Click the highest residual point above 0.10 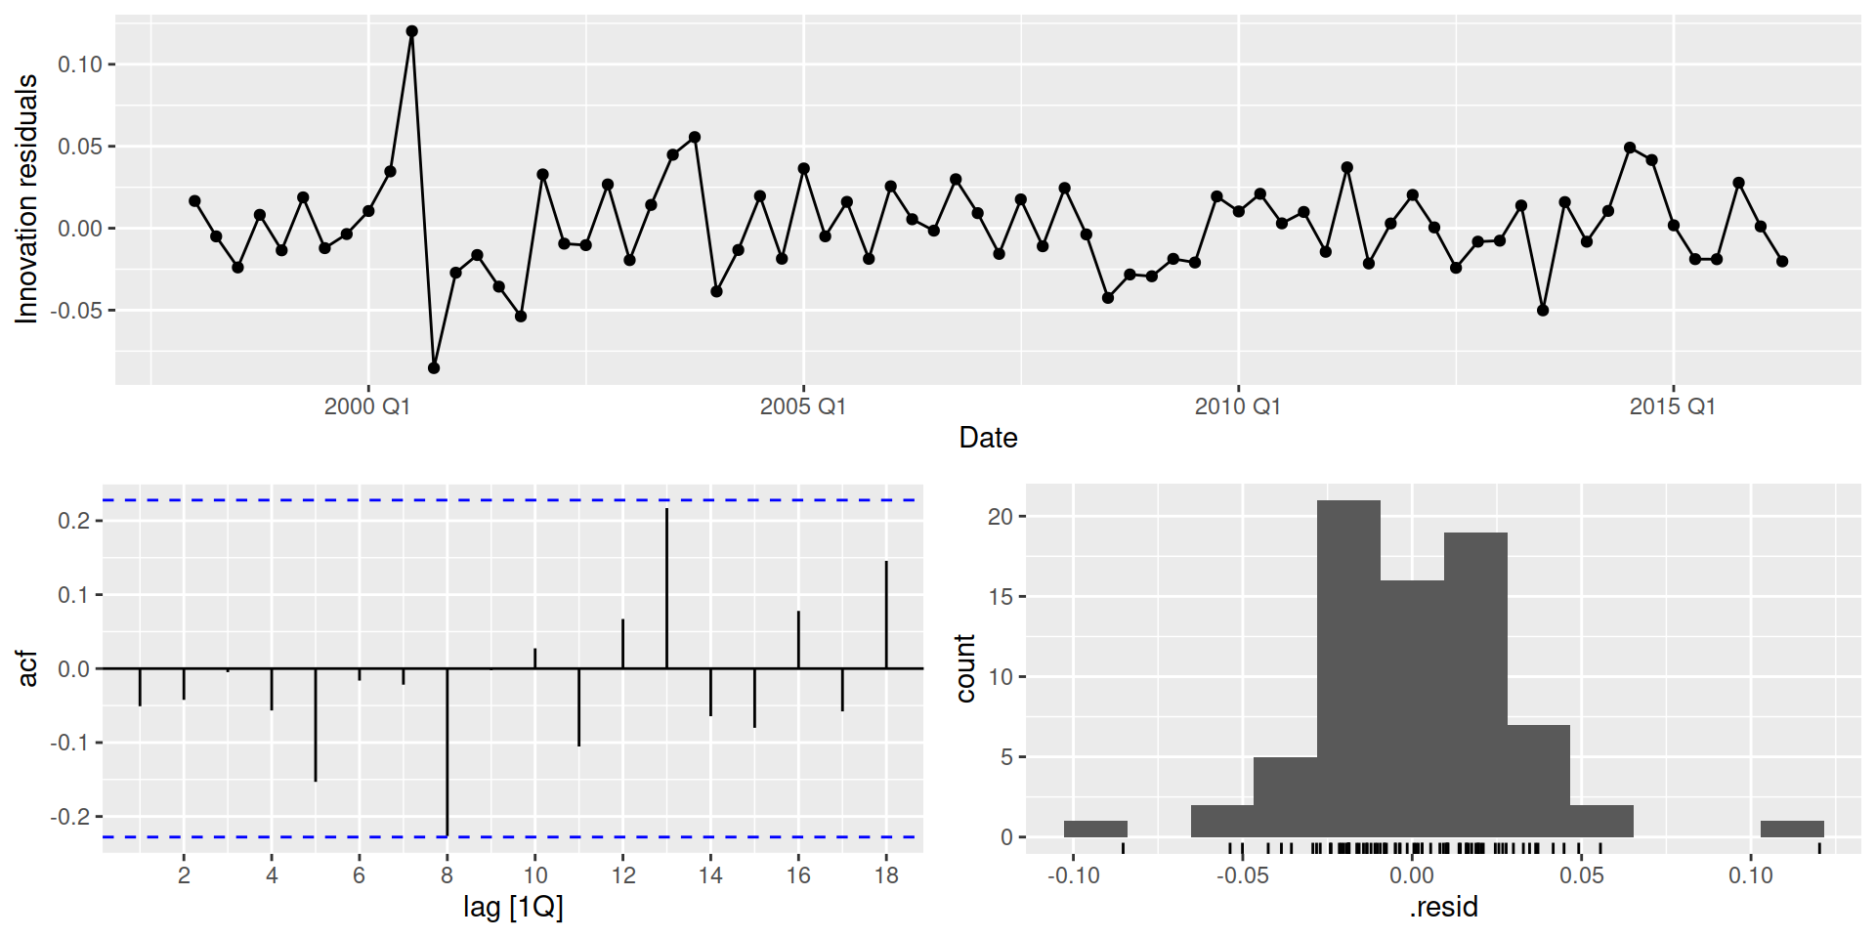point(411,31)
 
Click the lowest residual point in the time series point(434,368)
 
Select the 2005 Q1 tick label point(803,406)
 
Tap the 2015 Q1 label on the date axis point(1672,406)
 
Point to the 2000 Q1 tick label point(367,406)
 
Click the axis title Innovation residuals point(26,199)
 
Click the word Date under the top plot point(988,438)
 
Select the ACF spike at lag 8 point(448,752)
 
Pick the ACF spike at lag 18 point(886,615)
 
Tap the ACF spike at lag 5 point(316,725)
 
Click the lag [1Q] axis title point(513,908)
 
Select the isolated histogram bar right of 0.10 point(1792,829)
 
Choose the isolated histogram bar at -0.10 point(1095,829)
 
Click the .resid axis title point(1443,908)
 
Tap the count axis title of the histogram point(965,668)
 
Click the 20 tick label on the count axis point(1001,517)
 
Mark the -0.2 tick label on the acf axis point(70,817)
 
